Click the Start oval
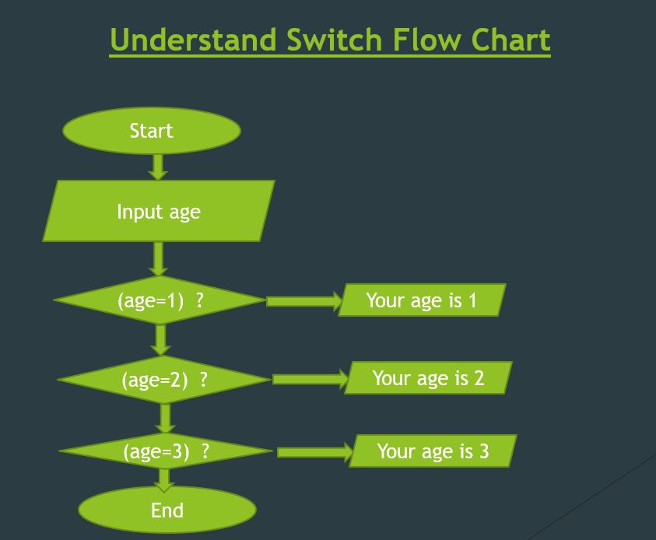coord(152,131)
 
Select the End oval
coord(167,510)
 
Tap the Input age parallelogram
coord(159,211)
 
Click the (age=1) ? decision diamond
coord(160,300)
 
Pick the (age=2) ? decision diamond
coord(164,380)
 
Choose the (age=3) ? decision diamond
coord(166,451)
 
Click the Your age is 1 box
coord(421,300)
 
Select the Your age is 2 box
coord(428,378)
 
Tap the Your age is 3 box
coord(433,451)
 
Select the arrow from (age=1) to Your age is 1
coord(304,301)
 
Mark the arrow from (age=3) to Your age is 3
coord(314,452)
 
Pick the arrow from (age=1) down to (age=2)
coord(161,339)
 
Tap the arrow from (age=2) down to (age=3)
coord(165,418)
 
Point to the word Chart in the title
coord(511,40)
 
